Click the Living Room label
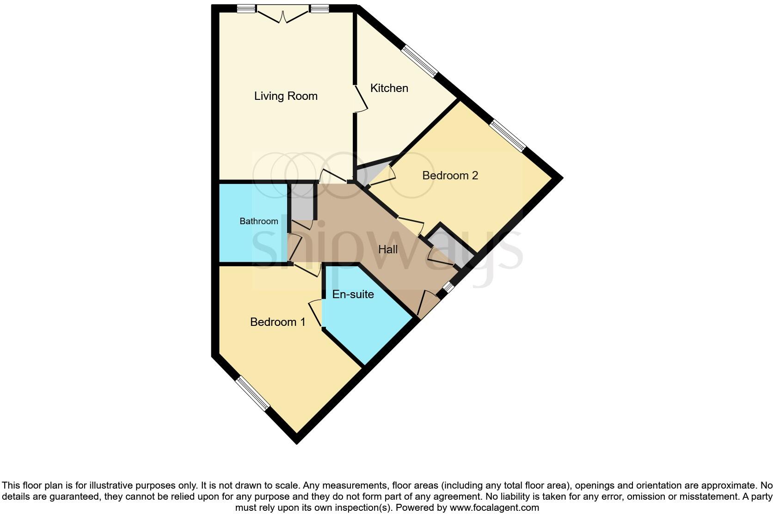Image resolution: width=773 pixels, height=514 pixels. tap(286, 96)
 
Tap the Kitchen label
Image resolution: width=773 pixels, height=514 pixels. tap(389, 88)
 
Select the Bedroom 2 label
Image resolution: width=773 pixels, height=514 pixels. tap(450, 176)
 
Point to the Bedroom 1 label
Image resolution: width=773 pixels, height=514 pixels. tap(277, 322)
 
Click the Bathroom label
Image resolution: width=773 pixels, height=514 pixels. tap(258, 221)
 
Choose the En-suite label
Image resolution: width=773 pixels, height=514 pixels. tap(353, 294)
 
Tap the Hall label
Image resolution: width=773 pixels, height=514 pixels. tap(388, 250)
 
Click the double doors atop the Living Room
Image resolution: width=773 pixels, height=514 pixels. tap(283, 14)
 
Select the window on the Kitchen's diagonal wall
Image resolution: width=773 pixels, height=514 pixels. tap(419, 61)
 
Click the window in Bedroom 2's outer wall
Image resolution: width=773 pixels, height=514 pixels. tap(508, 135)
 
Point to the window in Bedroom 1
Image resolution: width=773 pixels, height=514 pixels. tap(252, 393)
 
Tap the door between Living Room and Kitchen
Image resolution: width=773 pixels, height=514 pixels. tap(361, 98)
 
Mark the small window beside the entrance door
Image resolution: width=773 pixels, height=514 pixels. tap(447, 288)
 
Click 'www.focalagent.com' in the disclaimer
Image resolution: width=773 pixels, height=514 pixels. tap(494, 508)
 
